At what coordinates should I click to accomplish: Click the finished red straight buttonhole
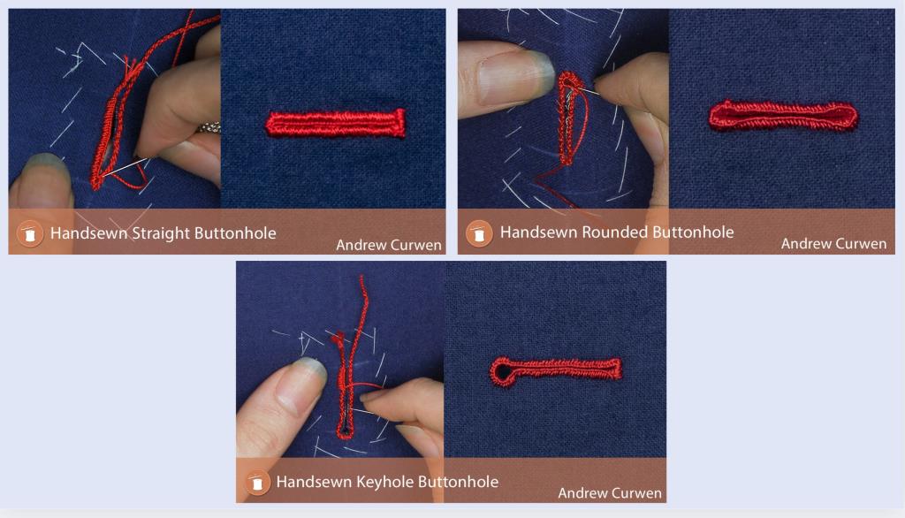(336, 123)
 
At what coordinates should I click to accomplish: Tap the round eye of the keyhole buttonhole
(502, 373)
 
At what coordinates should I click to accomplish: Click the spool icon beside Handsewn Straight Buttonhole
(30, 233)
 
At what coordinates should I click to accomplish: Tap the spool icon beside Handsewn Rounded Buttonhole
(479, 233)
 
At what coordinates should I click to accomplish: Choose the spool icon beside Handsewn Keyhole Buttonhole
(257, 483)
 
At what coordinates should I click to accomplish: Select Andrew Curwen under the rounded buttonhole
(833, 244)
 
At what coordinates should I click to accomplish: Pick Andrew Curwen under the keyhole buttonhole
(610, 493)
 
